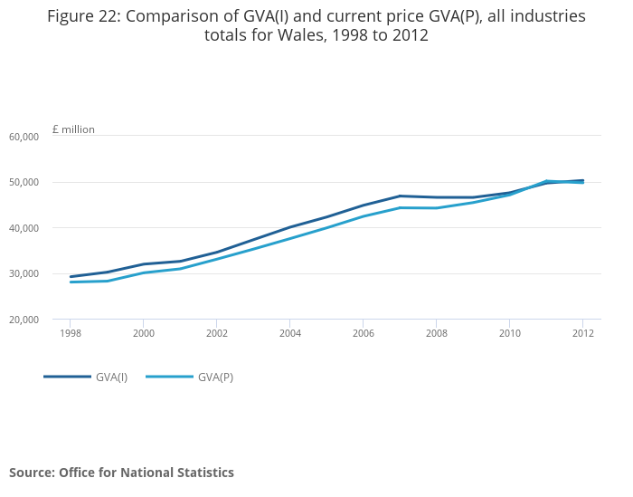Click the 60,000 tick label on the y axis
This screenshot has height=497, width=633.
(x=24, y=137)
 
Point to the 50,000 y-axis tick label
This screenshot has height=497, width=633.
(x=24, y=182)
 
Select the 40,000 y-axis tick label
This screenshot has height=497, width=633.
(x=24, y=228)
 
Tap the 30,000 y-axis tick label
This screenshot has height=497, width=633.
(x=24, y=273)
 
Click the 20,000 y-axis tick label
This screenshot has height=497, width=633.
(x=24, y=320)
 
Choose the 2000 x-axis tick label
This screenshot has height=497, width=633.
(x=143, y=333)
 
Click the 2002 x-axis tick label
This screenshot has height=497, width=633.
(x=216, y=333)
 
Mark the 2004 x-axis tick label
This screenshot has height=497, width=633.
(x=289, y=333)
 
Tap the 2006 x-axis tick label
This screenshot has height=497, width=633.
(x=363, y=333)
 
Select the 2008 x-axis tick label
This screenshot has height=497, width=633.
(x=436, y=333)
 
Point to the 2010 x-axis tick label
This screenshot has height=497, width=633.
(x=509, y=333)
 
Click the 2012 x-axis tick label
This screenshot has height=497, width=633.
(x=582, y=333)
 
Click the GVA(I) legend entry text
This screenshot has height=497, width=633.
(x=111, y=377)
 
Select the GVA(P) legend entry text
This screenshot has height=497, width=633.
(x=215, y=377)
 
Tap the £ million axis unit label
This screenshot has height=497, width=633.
(x=73, y=129)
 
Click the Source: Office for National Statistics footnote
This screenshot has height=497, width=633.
(x=121, y=473)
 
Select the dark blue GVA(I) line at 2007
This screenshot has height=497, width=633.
(x=400, y=196)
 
